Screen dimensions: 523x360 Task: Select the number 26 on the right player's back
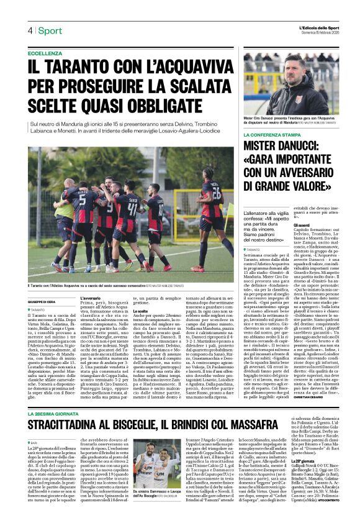215,192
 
